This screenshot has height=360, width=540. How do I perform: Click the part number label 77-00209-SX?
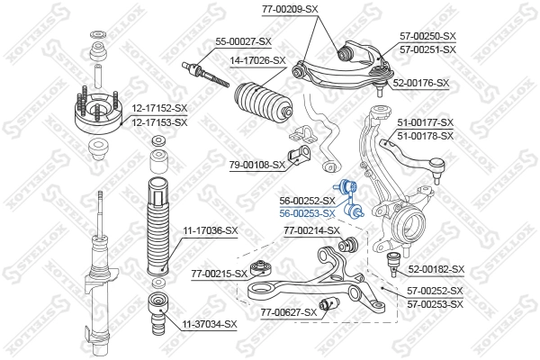point(290,8)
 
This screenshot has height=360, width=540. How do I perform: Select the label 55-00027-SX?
point(243,41)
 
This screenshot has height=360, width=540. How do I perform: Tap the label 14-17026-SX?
point(257,60)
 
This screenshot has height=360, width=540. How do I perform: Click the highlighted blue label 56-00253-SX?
point(307,213)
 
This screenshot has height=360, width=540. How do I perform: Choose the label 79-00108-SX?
point(256,165)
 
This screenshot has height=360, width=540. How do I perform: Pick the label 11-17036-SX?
point(211,231)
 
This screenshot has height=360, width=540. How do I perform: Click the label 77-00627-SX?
point(288,312)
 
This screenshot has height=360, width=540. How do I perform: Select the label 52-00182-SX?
point(436,269)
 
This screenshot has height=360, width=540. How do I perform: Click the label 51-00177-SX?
point(426,122)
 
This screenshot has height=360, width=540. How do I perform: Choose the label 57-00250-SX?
point(427,36)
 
